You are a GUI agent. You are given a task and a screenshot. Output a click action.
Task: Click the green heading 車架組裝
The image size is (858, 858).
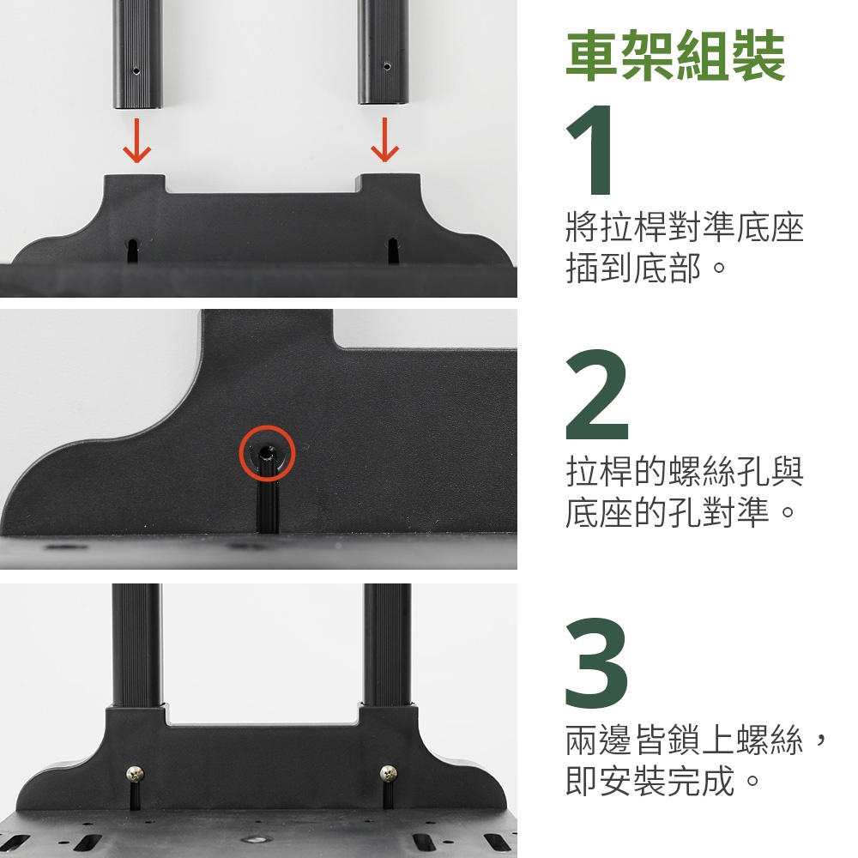[675, 56]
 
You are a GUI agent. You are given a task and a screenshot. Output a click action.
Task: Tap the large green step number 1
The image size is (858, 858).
[590, 149]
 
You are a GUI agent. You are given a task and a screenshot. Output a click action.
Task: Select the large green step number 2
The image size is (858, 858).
[597, 394]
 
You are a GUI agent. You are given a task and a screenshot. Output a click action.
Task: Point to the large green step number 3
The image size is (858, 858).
[596, 662]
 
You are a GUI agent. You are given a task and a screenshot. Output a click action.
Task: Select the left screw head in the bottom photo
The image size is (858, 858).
[136, 774]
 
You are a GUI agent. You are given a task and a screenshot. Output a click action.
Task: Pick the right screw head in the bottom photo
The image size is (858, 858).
[389, 773]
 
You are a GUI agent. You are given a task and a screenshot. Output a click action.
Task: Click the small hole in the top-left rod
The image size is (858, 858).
[136, 70]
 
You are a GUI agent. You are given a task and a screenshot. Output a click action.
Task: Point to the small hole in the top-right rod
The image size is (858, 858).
[387, 67]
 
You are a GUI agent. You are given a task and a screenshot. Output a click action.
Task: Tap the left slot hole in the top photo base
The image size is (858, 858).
[133, 251]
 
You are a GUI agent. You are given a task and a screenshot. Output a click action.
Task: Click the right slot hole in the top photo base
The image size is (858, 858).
[392, 250]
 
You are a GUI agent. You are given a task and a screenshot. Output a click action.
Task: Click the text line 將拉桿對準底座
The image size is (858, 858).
[685, 227]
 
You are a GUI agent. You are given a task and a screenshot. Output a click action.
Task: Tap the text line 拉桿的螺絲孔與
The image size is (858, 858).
[685, 470]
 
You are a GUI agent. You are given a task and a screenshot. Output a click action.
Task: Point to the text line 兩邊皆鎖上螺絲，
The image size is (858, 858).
[695, 740]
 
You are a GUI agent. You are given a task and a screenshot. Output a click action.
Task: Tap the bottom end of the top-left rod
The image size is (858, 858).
[138, 108]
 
